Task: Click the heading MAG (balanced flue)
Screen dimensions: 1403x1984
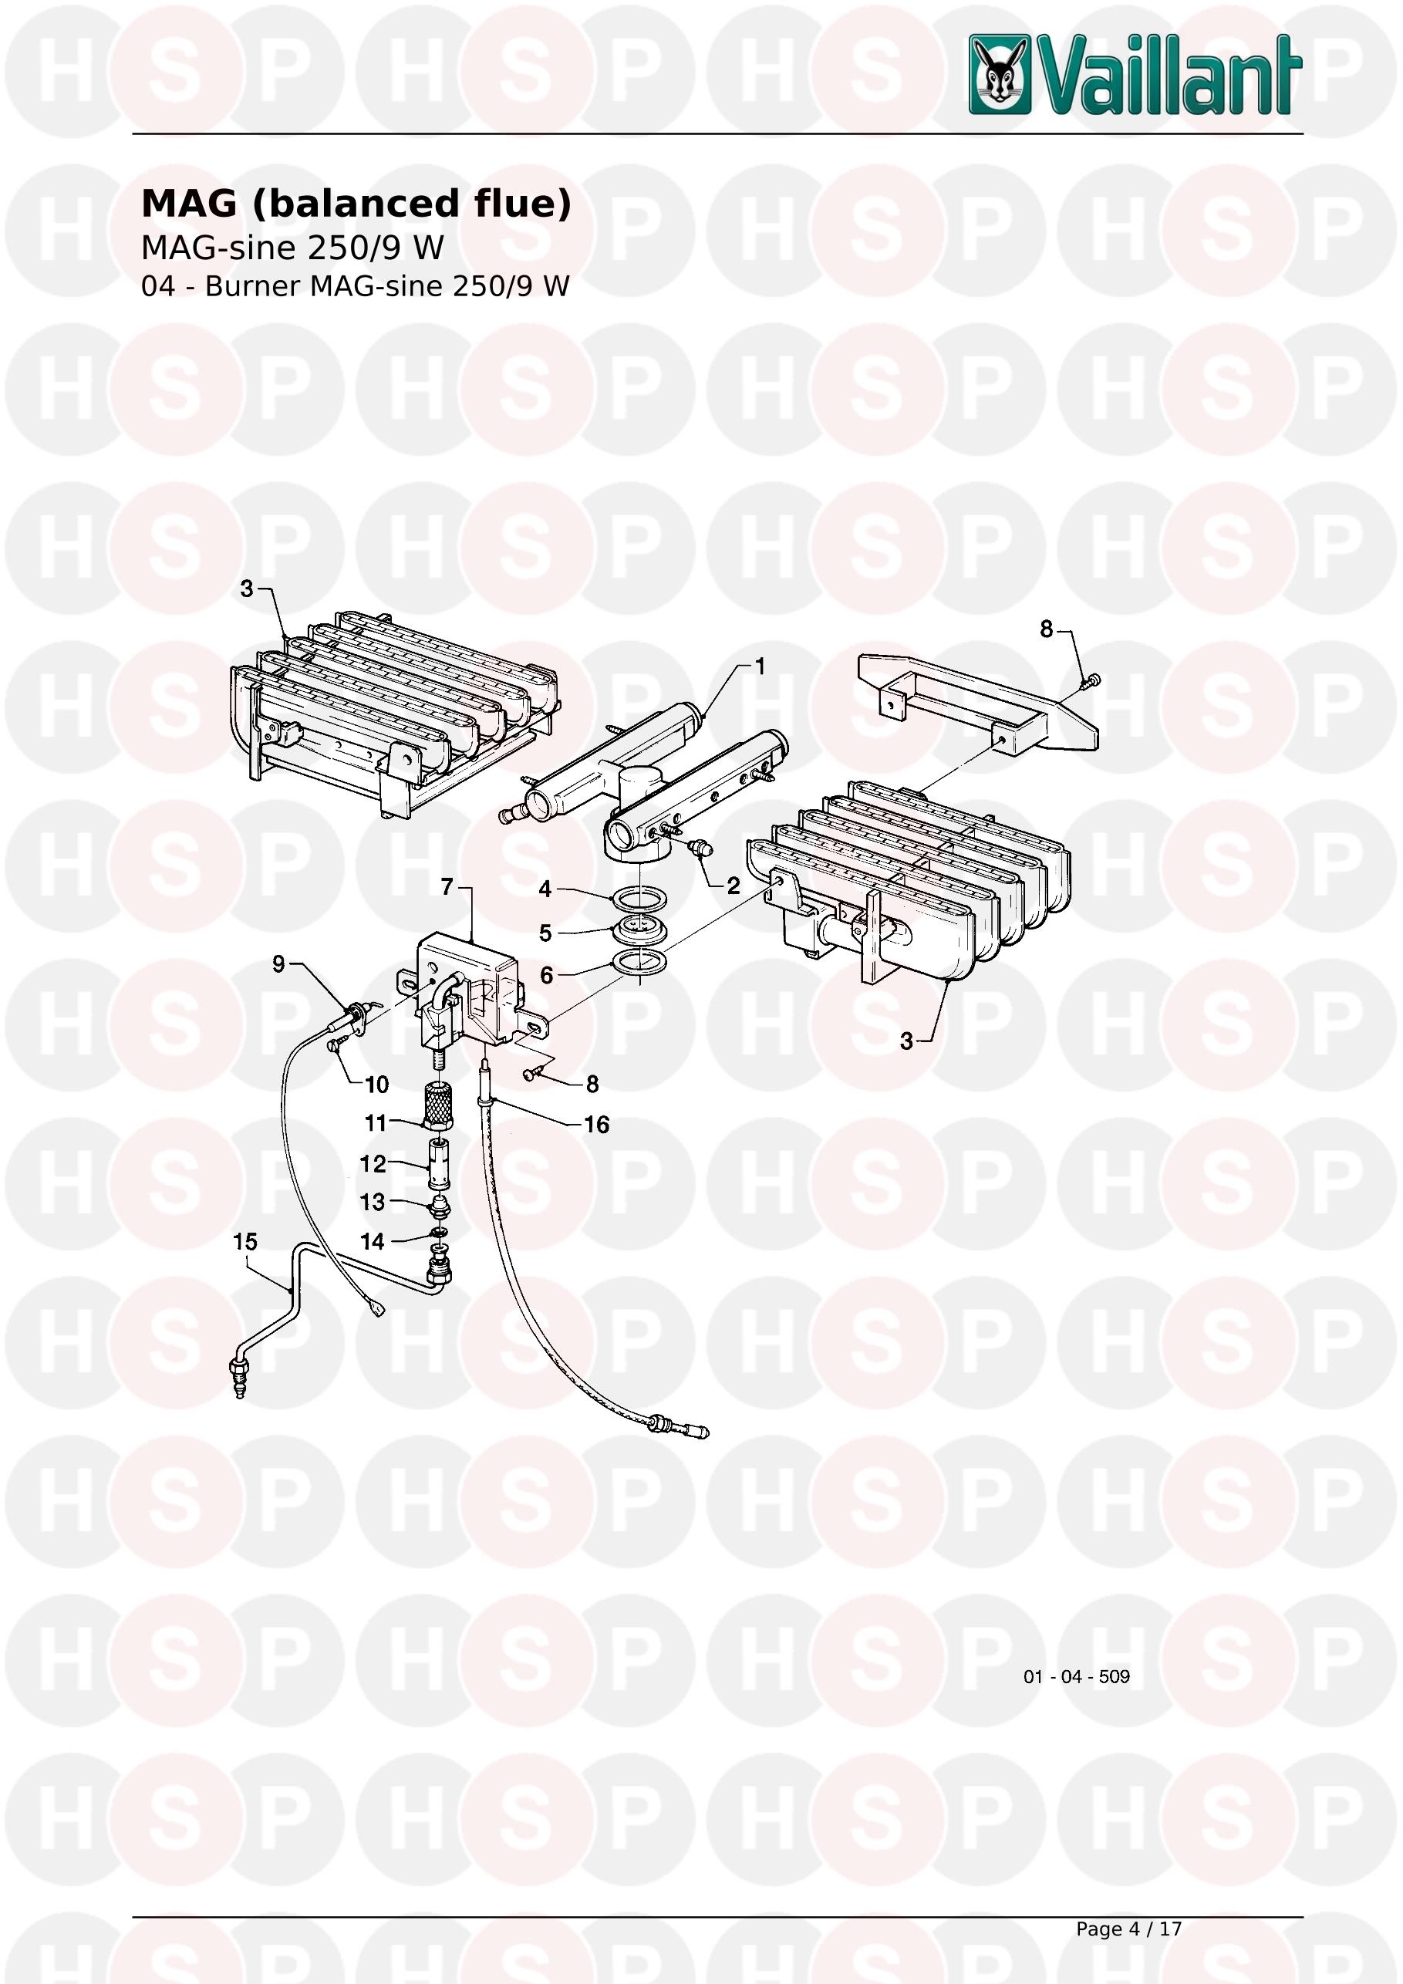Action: [356, 204]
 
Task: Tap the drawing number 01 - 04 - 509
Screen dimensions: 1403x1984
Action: [1077, 1676]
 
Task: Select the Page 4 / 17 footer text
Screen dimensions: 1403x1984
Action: [1128, 1928]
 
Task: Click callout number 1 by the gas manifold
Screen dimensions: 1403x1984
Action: [761, 666]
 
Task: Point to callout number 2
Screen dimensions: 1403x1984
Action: [734, 886]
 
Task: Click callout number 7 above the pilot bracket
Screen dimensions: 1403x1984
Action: [447, 887]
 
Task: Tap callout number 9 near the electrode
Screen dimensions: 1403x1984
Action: [278, 963]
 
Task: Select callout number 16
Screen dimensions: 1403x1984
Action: [597, 1124]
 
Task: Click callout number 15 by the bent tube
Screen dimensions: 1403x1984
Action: [245, 1242]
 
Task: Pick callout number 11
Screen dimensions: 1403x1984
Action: [376, 1122]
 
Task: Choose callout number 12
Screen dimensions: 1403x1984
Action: [373, 1164]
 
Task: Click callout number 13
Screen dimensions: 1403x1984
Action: [373, 1202]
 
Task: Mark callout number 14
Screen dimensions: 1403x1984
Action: [373, 1242]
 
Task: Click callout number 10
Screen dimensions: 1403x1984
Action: [376, 1084]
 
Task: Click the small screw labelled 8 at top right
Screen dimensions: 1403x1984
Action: [1091, 682]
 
